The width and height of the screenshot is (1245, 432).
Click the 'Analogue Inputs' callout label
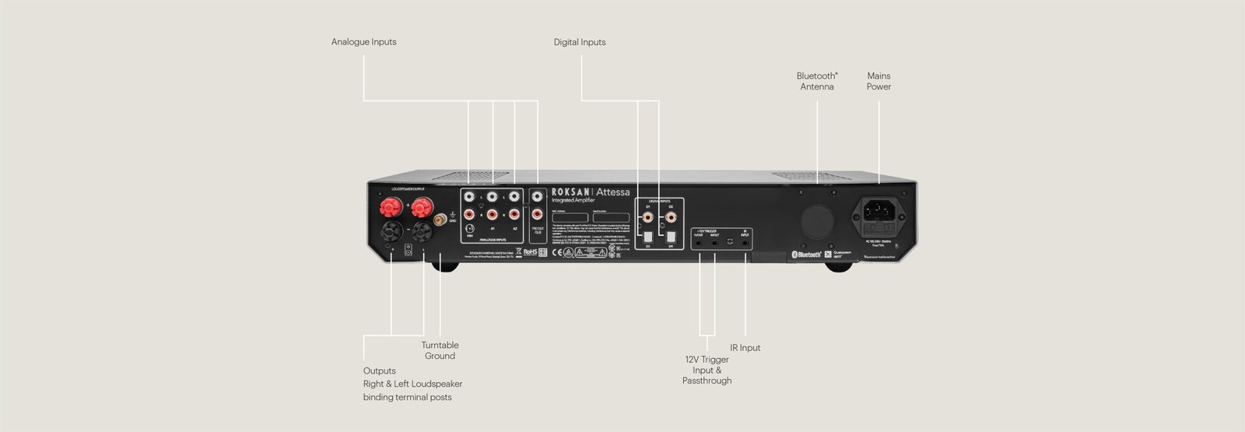point(363,42)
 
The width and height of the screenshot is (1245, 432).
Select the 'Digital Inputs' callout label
point(579,42)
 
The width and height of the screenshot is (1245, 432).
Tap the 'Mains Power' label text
point(879,81)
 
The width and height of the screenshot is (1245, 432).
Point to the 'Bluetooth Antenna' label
point(817,81)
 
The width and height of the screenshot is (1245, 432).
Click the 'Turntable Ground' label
point(440,350)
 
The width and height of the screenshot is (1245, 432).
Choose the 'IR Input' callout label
point(745,348)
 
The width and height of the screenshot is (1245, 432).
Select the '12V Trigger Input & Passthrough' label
point(707,370)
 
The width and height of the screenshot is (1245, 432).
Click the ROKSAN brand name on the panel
point(571,191)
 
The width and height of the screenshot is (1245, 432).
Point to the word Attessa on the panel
point(613,191)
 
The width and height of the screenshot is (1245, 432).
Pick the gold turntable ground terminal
point(440,220)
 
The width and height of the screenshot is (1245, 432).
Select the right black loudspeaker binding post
point(423,230)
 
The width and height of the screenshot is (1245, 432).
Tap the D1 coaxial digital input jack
point(647,216)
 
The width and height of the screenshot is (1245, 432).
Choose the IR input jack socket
point(745,243)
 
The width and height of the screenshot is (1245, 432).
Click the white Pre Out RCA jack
point(538,197)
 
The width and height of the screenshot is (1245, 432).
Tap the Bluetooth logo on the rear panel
point(806,254)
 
